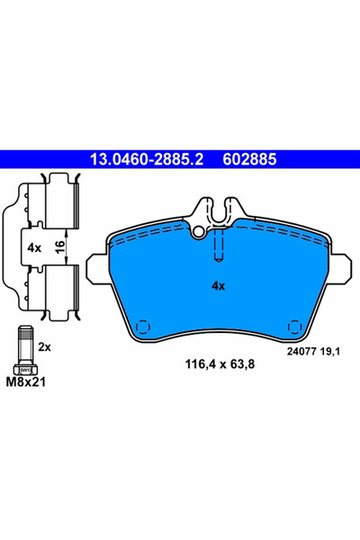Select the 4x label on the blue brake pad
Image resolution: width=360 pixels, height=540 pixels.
pos(217,285)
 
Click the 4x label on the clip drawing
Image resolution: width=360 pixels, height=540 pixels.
pos(35,246)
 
